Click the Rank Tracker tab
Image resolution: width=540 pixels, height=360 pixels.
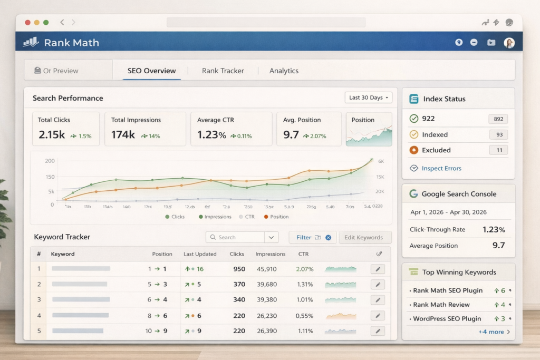[x=223, y=71]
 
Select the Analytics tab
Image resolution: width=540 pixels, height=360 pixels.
[x=284, y=71]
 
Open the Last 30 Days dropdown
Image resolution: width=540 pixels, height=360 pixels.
[x=369, y=98]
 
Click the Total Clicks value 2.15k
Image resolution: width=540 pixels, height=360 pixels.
[x=52, y=135]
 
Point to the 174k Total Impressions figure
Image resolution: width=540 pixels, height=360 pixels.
[x=123, y=135]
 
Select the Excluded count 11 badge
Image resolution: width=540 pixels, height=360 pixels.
[x=498, y=150]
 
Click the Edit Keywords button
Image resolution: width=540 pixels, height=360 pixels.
[x=363, y=237]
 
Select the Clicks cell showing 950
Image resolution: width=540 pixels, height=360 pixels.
[x=239, y=269]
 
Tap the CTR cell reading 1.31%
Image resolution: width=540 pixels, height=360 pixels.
[x=305, y=284]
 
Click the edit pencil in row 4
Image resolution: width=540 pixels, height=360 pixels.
[x=377, y=316]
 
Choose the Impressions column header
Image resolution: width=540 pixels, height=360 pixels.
[x=270, y=254]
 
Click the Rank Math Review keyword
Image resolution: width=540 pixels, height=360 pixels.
[x=441, y=305]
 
